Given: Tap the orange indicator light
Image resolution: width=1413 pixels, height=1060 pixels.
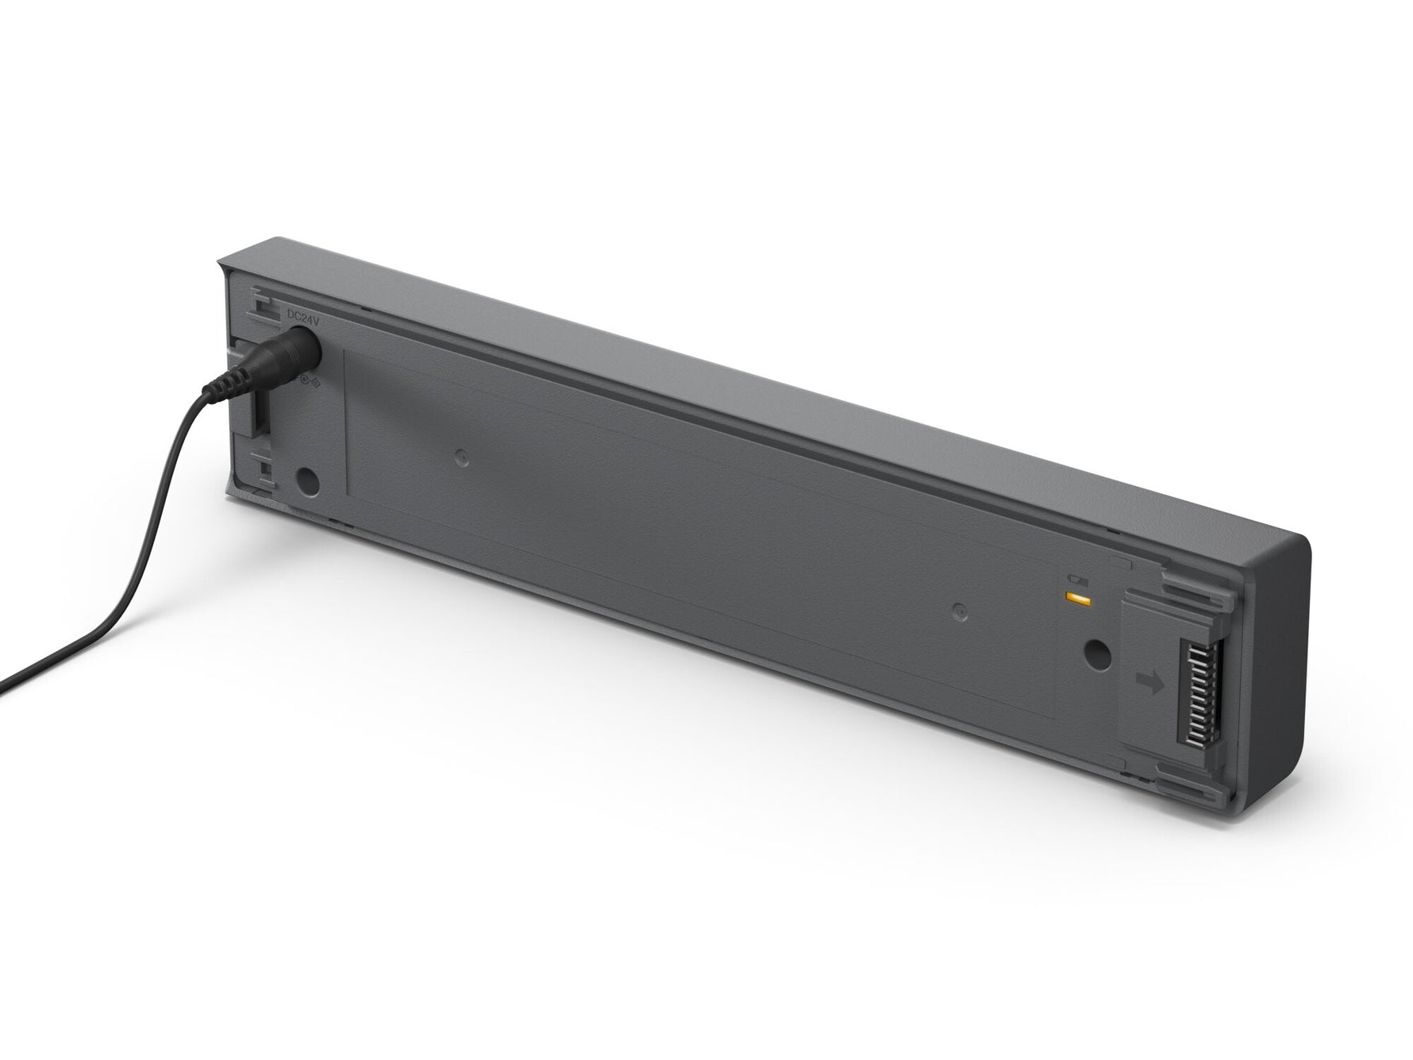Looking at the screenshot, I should coord(1077,596).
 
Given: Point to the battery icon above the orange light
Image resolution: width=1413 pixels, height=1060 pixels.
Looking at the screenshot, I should coord(1076,580).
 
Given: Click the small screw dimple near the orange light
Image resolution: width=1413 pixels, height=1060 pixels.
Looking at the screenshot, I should coord(959,611).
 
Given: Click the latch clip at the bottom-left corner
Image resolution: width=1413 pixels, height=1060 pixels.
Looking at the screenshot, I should coord(262,473).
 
